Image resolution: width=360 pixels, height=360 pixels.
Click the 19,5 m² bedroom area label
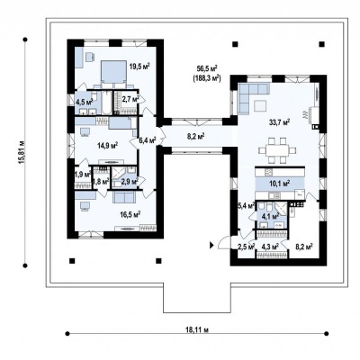click(139, 67)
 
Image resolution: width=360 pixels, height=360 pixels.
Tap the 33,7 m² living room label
click(279, 122)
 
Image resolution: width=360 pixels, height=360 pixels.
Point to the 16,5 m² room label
click(130, 214)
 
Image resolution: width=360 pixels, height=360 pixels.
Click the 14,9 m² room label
click(107, 146)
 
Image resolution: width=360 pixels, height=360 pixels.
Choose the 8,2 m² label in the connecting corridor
click(196, 137)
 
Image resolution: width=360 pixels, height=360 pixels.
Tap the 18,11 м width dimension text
click(197, 330)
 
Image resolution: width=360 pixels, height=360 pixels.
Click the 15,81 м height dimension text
click(21, 152)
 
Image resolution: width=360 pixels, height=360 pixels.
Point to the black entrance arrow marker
click(211, 246)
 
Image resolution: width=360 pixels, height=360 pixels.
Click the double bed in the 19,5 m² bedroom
click(112, 72)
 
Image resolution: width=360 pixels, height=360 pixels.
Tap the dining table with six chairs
click(277, 149)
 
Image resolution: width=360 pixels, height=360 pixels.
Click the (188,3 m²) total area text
click(207, 79)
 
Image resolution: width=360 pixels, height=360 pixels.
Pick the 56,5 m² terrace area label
click(207, 68)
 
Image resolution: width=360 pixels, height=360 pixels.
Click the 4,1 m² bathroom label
click(271, 215)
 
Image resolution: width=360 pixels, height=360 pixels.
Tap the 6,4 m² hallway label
click(148, 139)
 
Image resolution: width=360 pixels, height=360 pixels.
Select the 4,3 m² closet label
click(270, 247)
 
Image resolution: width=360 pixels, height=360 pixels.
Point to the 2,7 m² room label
click(130, 99)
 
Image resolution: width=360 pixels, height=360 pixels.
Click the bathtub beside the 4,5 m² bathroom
click(107, 103)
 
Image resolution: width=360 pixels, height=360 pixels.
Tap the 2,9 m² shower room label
click(130, 181)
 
